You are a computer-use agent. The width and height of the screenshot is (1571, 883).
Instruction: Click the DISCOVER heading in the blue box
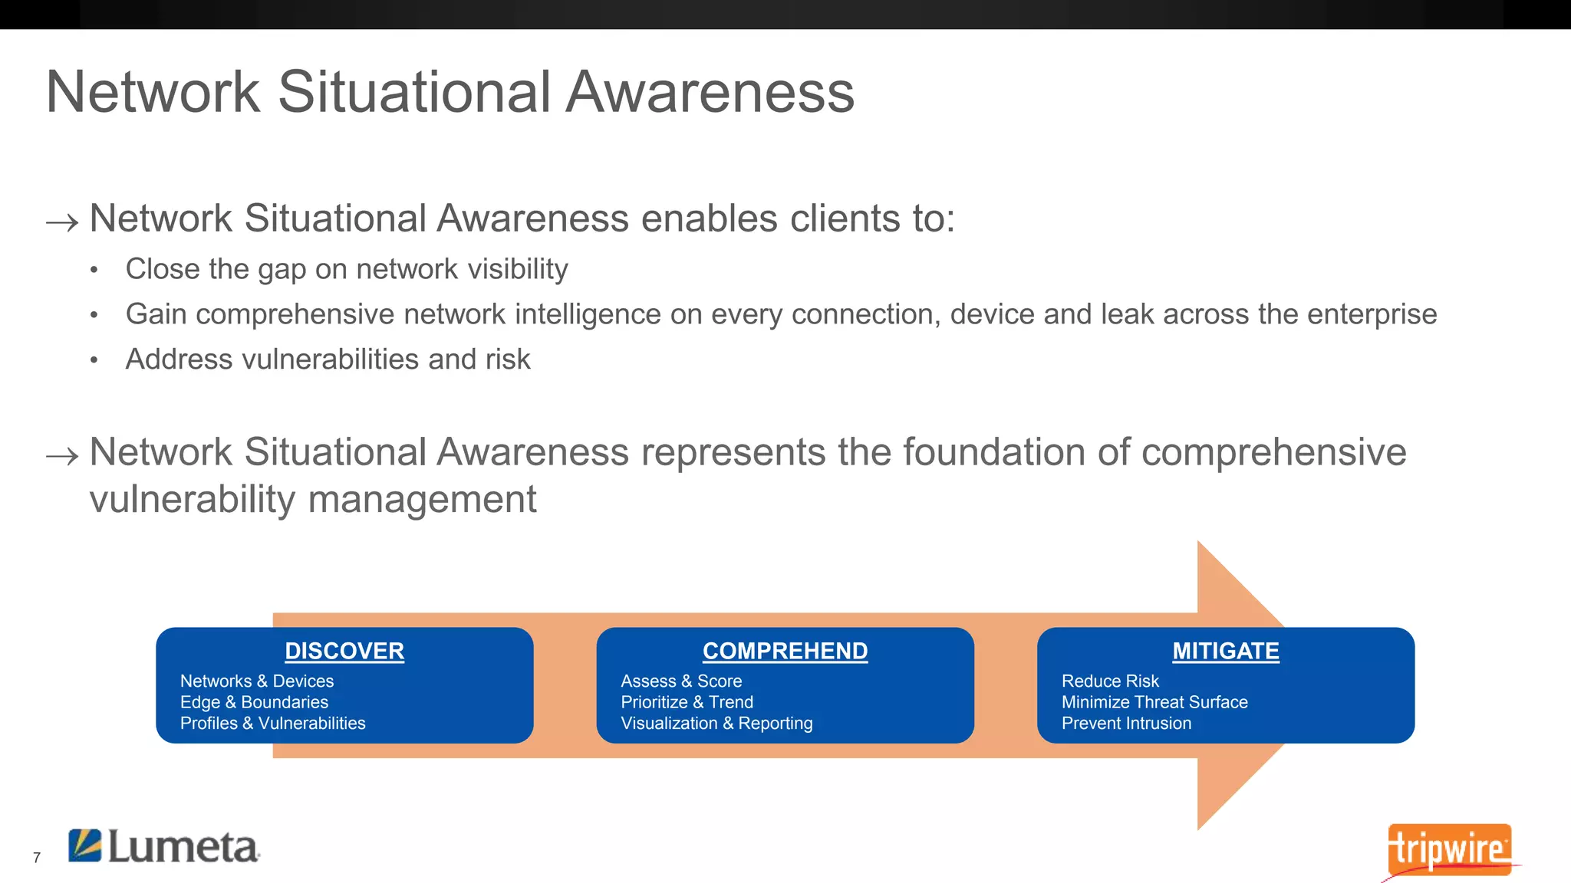[x=344, y=651]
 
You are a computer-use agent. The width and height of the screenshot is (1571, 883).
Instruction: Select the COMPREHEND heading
[x=785, y=651]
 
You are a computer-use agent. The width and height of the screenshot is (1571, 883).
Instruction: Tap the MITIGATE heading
[x=1225, y=651]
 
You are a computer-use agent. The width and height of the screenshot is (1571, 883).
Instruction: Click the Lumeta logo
[x=164, y=846]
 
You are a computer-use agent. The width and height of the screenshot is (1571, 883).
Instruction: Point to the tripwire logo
[x=1449, y=849]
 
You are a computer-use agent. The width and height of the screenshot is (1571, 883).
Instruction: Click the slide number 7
[x=37, y=858]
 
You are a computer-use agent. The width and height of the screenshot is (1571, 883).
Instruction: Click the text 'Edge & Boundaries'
[x=254, y=702]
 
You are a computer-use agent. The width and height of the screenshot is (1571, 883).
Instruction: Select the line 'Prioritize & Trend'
[x=687, y=702]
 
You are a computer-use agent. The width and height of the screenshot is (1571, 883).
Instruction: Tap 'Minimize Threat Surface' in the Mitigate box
[x=1154, y=702]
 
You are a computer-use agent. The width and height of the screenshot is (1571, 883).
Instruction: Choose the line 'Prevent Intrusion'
[x=1126, y=723]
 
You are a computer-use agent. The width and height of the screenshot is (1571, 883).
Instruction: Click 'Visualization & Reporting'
[x=716, y=723]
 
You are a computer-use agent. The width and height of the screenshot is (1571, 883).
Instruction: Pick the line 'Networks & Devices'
[x=257, y=681]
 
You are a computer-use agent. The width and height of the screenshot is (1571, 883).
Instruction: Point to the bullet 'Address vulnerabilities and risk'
[x=328, y=359]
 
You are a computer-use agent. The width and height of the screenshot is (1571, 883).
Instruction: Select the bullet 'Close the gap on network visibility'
[x=347, y=269]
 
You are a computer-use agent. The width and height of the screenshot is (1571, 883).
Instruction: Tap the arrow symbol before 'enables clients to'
[x=62, y=223]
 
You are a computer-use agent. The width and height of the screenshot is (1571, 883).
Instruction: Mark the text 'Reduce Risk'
[x=1110, y=681]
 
